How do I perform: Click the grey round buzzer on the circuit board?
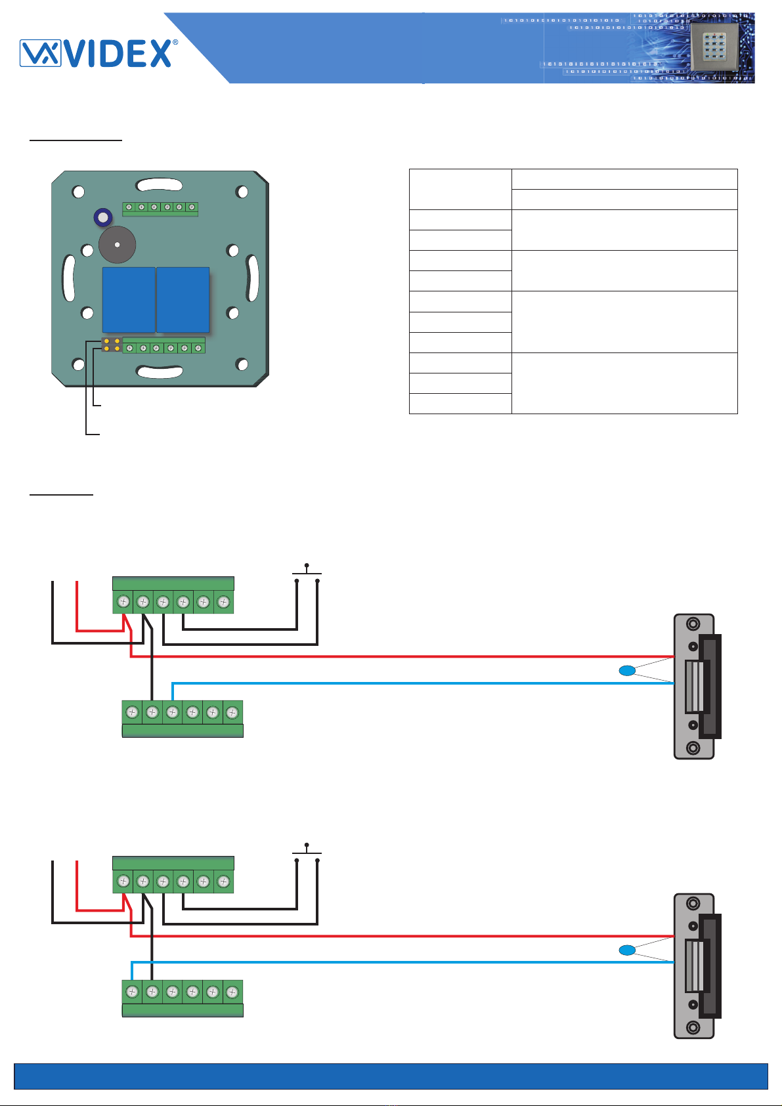[x=117, y=244]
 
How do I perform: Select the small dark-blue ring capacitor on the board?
[x=102, y=217]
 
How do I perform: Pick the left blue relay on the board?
[x=129, y=300]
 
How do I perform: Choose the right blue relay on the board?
[x=183, y=300]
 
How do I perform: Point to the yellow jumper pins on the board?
[x=112, y=345]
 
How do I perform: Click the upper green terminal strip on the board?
[x=160, y=209]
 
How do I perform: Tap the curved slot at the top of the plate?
[x=159, y=185]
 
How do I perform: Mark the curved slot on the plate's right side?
[x=252, y=278]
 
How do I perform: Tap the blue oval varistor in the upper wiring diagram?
[x=627, y=671]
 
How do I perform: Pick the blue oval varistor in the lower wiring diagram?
[x=627, y=950]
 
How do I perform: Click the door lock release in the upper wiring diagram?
[x=697, y=687]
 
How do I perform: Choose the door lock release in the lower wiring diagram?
[x=697, y=966]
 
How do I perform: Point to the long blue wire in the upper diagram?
[x=423, y=683]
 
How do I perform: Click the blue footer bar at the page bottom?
[x=391, y=1076]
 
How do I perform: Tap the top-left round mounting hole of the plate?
[x=78, y=192]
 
